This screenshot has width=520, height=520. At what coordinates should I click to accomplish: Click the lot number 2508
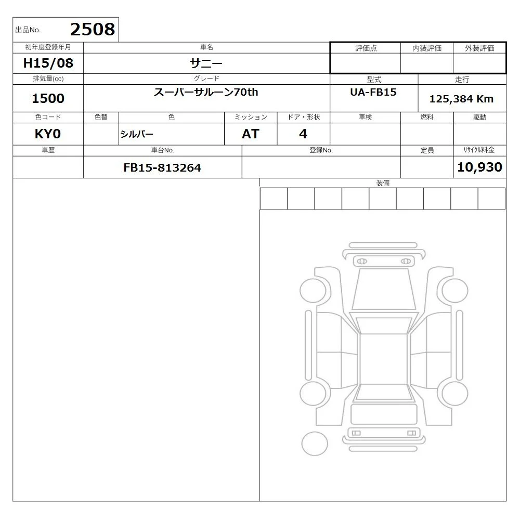click(93, 29)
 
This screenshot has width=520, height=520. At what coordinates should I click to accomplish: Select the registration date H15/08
click(48, 63)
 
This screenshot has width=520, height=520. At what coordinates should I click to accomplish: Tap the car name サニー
click(206, 63)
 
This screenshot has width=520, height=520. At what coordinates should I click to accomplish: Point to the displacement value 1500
click(48, 98)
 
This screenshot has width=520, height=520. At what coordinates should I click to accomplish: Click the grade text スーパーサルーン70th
click(206, 92)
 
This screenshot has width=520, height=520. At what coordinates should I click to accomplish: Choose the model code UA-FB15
click(373, 92)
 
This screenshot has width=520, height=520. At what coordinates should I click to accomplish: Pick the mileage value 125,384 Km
click(462, 99)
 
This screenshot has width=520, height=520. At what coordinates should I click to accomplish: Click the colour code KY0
click(48, 134)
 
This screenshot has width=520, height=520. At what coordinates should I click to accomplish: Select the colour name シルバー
click(137, 134)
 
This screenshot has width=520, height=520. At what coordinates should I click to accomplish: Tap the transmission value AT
click(251, 134)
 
